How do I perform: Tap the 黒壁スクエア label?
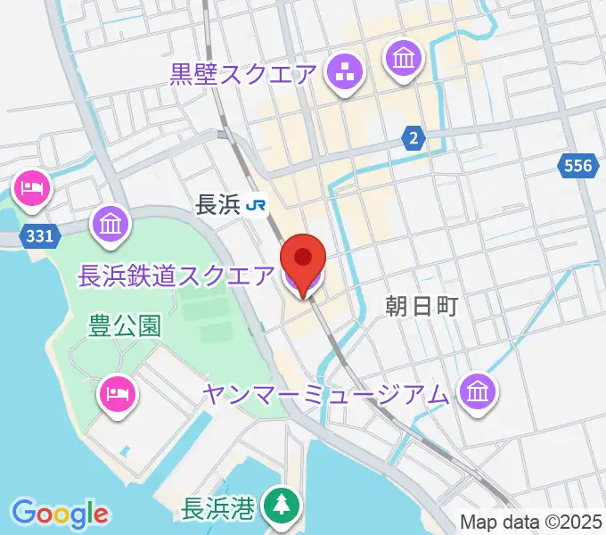[243, 74]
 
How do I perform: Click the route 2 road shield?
[413, 137]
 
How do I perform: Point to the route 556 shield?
[577, 165]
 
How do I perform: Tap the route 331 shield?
[40, 235]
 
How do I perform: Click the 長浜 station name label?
[217, 206]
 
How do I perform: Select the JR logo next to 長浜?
[257, 206]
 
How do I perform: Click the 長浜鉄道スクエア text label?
[176, 276]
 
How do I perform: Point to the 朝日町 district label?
[422, 307]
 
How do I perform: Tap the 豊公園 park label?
[125, 325]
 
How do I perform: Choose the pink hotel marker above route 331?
[33, 189]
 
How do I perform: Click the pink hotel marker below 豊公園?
[117, 392]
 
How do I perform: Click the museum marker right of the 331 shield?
[111, 224]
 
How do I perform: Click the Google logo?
[61, 514]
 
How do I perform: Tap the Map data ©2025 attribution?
[531, 522]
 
